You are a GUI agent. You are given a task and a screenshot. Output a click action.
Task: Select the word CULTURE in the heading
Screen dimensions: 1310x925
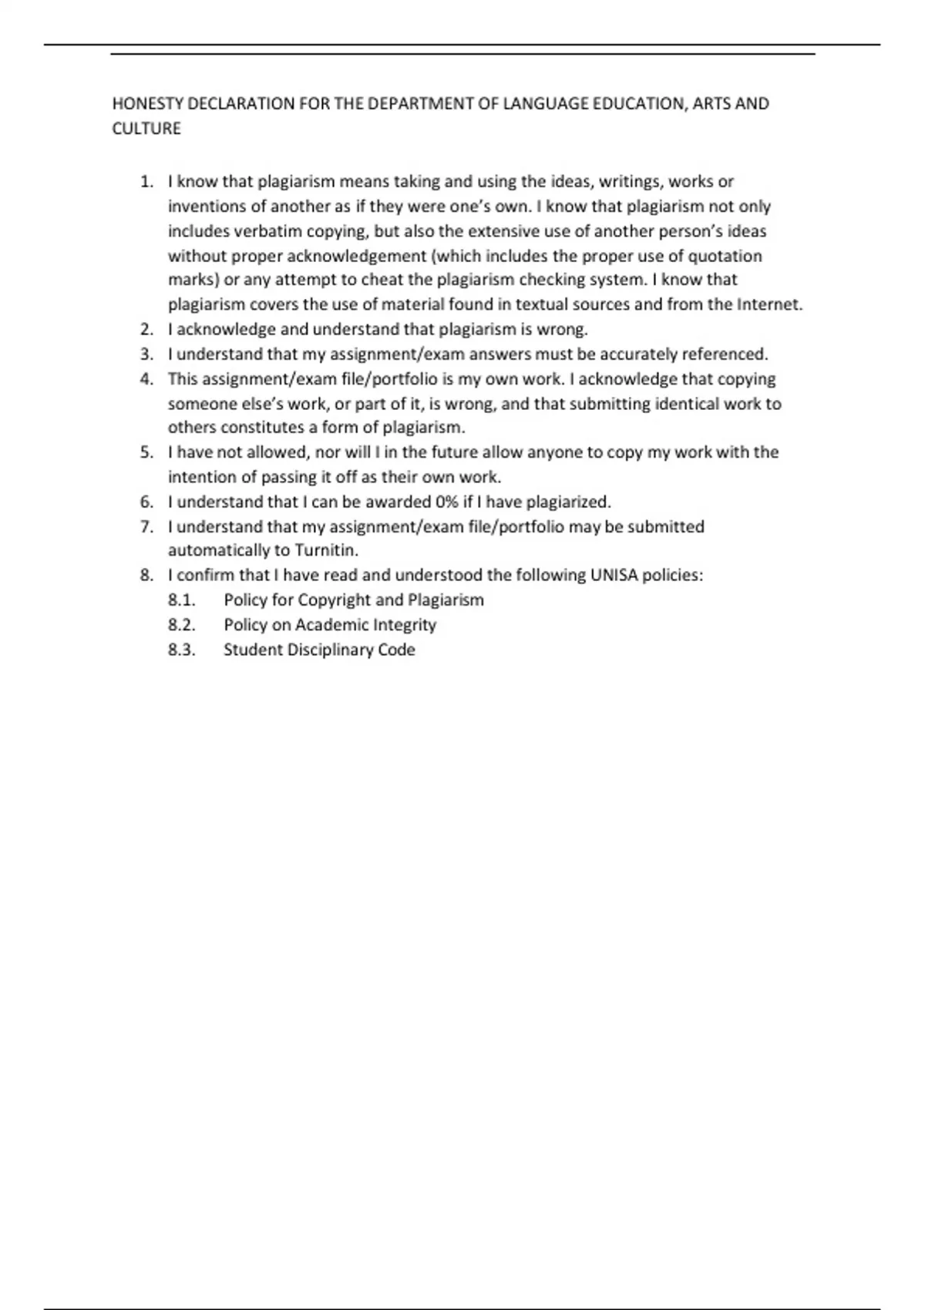click(x=146, y=129)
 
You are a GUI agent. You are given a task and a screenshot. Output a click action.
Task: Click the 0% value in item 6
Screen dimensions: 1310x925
click(x=446, y=502)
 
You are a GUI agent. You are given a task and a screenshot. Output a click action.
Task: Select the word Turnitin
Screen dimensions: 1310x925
click(x=327, y=551)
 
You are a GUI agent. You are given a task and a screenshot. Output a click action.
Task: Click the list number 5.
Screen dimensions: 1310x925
click(x=147, y=452)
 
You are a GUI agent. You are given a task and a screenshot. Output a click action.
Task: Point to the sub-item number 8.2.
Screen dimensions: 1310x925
click(x=182, y=625)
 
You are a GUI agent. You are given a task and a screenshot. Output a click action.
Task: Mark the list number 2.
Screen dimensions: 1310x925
click(x=147, y=330)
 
